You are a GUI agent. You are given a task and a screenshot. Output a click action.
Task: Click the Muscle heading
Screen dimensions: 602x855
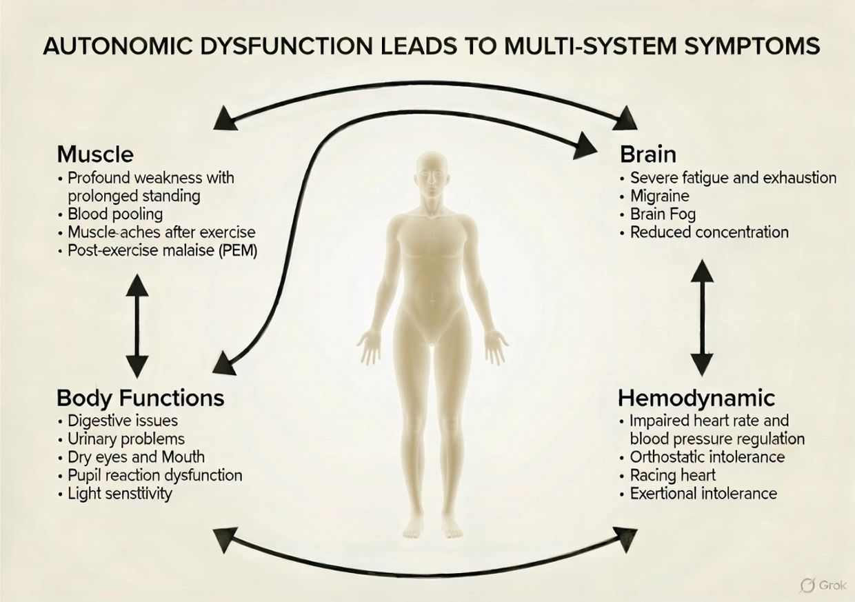(95, 153)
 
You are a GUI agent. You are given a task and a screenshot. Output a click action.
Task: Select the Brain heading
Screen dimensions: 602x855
(648, 153)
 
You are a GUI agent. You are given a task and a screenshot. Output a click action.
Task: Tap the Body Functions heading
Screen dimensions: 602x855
(140, 398)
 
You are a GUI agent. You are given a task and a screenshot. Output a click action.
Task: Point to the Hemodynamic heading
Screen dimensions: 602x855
(696, 398)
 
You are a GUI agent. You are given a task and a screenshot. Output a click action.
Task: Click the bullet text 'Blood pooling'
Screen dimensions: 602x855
(115, 214)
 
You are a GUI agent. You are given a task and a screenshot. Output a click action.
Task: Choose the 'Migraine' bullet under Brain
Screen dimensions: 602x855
(659, 196)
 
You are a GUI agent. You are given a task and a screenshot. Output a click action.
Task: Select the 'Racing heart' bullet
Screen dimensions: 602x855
(672, 475)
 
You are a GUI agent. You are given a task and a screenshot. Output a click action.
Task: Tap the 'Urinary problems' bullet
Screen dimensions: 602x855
(126, 439)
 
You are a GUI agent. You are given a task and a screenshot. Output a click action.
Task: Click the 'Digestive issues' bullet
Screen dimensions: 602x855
(122, 421)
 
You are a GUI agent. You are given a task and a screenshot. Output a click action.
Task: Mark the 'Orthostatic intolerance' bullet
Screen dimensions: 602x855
(707, 456)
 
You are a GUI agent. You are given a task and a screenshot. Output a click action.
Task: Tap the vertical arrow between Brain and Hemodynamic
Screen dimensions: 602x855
(701, 317)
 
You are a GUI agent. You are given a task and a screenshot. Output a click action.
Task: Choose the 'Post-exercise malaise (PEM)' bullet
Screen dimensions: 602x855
(162, 250)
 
